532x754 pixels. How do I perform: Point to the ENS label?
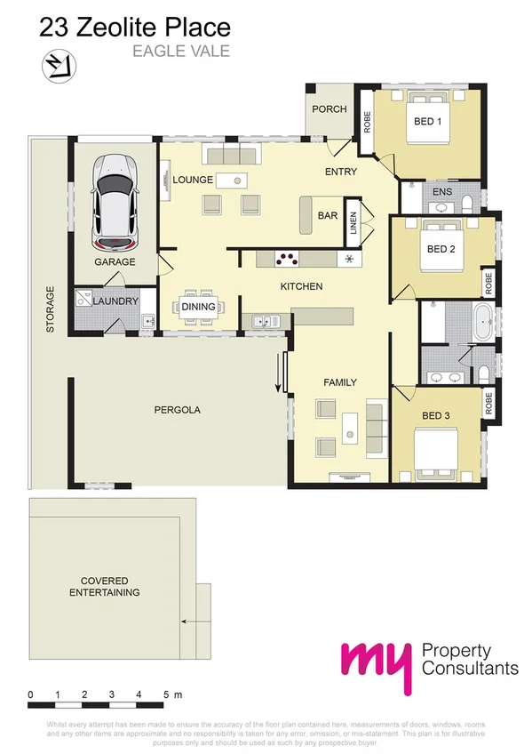point(441,192)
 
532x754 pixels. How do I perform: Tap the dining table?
point(199,307)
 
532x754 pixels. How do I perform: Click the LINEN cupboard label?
point(353,221)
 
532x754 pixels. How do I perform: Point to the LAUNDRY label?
point(115,301)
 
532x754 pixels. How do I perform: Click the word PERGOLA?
point(178,411)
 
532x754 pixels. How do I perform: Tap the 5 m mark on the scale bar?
point(165,694)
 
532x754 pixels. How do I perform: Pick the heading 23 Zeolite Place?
point(135,29)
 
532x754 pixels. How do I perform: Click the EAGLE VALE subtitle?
point(181,51)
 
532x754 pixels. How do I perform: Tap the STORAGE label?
point(50,309)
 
